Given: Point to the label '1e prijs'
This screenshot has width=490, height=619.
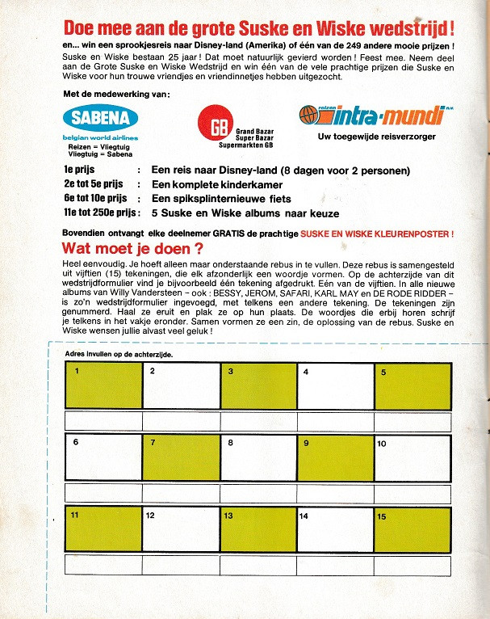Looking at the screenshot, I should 80,171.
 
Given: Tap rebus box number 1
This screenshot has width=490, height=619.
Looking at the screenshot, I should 104,386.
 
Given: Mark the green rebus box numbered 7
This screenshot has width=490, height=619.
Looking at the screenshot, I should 182,457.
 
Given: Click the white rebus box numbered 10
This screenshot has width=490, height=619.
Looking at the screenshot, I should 412,457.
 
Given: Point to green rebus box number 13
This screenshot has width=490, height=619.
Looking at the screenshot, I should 258,529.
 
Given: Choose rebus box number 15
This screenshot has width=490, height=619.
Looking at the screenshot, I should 412,529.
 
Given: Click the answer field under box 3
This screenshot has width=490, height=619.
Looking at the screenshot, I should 258,421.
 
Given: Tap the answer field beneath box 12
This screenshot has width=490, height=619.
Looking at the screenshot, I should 182,564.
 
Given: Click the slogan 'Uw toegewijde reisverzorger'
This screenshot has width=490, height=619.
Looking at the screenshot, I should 376,137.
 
